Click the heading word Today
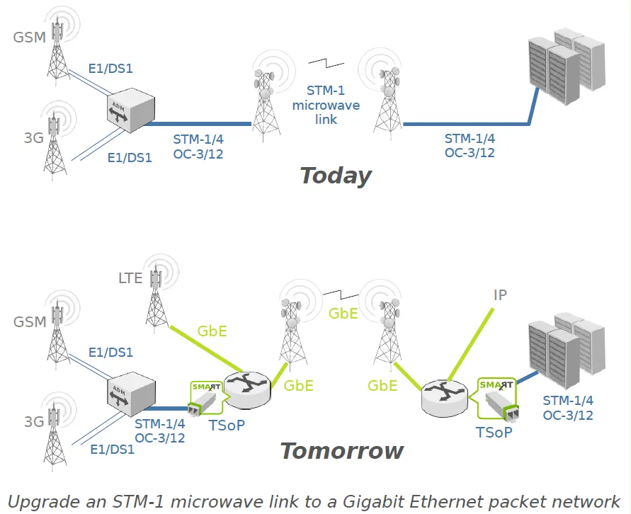click(336, 176)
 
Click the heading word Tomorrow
click(341, 451)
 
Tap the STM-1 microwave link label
click(326, 105)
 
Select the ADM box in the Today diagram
click(131, 112)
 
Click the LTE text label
click(130, 278)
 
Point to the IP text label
click(500, 295)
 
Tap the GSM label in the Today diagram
click(29, 38)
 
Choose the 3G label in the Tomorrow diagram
click(34, 421)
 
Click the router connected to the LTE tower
click(247, 390)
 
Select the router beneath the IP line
click(445, 398)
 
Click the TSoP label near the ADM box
click(227, 425)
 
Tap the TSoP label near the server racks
click(494, 433)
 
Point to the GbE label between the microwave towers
click(343, 314)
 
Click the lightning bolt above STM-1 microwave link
click(326, 63)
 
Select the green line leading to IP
click(470, 345)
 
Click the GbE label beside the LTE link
click(212, 331)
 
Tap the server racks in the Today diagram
click(567, 67)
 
